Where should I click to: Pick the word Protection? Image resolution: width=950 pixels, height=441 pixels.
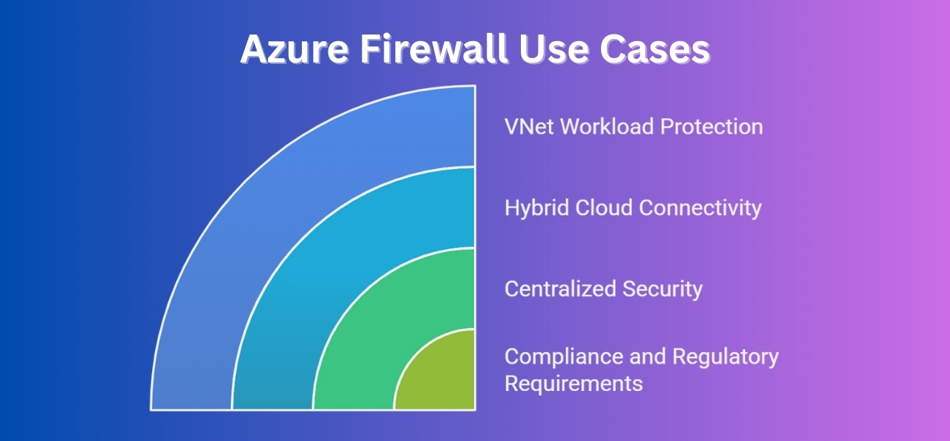(711, 126)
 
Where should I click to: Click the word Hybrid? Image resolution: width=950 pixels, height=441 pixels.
(531, 208)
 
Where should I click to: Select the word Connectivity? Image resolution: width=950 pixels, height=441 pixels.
(700, 208)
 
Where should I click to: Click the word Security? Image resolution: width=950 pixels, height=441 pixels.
(663, 289)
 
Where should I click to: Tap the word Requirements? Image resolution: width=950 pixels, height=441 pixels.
(573, 384)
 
